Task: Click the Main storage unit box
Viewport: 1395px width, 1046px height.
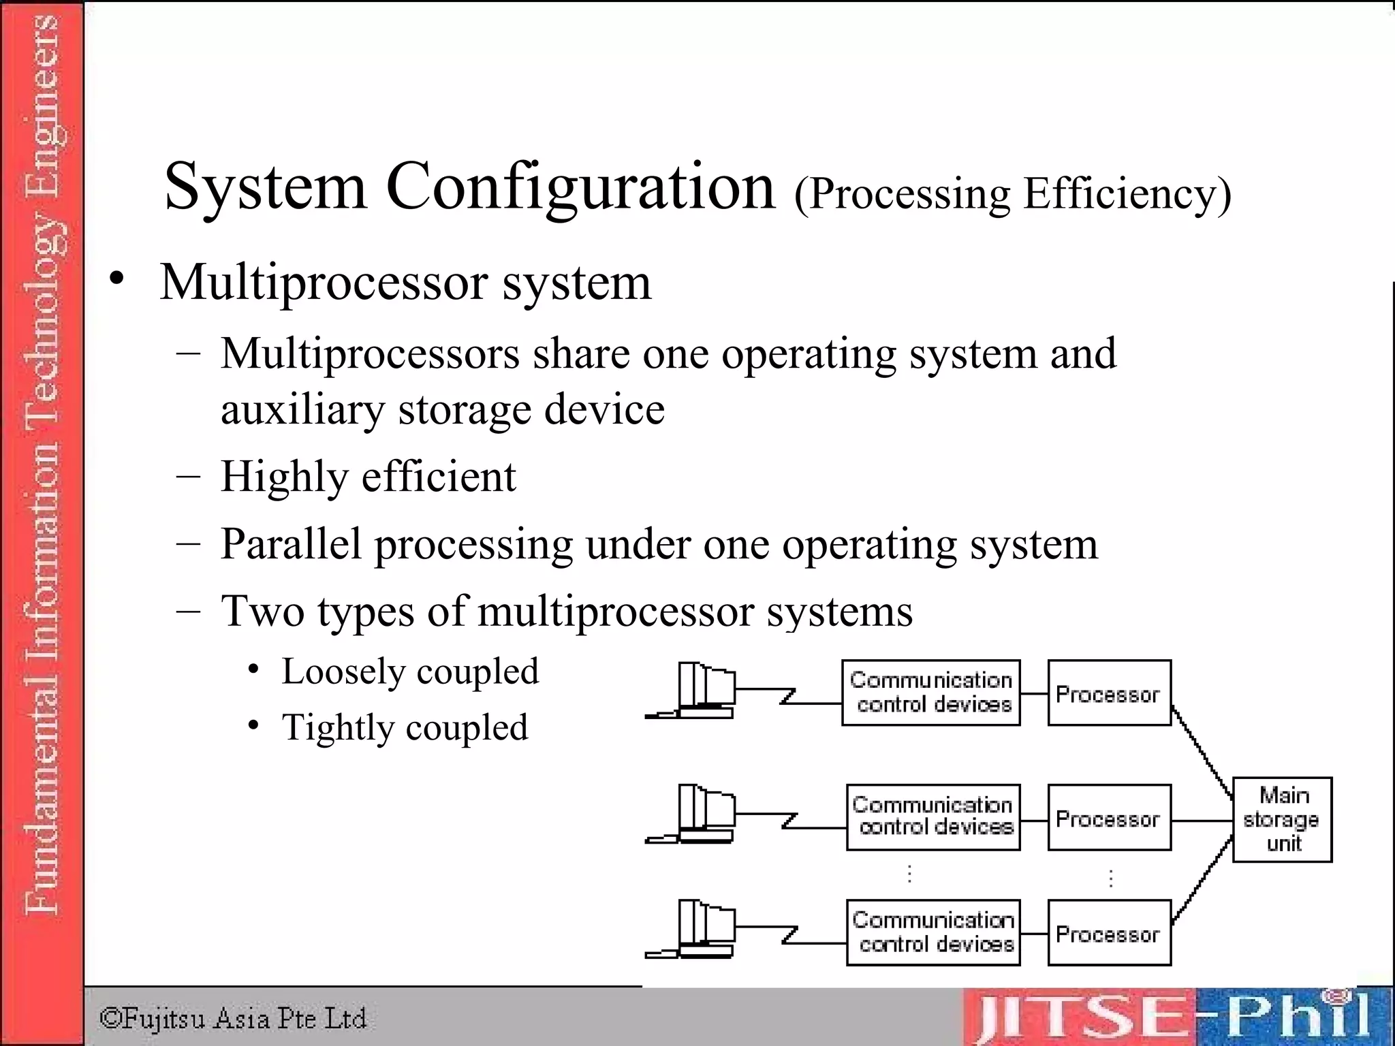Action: [x=1282, y=819]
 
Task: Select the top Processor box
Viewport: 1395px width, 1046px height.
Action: [x=1109, y=693]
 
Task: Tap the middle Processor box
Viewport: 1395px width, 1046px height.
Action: [x=1109, y=817]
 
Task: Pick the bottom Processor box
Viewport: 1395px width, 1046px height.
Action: [x=1109, y=933]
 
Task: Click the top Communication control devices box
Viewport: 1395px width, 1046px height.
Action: [x=930, y=693]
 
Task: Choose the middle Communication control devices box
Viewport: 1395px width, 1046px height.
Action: [x=933, y=817]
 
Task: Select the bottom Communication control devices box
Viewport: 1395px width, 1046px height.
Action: [x=933, y=932]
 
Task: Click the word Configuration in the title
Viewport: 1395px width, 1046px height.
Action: [x=580, y=187]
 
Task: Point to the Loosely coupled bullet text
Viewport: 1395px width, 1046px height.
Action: [x=410, y=672]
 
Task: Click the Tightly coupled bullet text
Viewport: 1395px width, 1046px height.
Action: [x=405, y=727]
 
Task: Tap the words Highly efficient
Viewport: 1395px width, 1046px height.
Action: [x=368, y=477]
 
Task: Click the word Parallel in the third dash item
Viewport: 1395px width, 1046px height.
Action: [x=291, y=544]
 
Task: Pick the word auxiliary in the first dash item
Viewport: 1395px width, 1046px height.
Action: [x=302, y=411]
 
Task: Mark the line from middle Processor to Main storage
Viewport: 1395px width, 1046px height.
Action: [x=1202, y=821]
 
